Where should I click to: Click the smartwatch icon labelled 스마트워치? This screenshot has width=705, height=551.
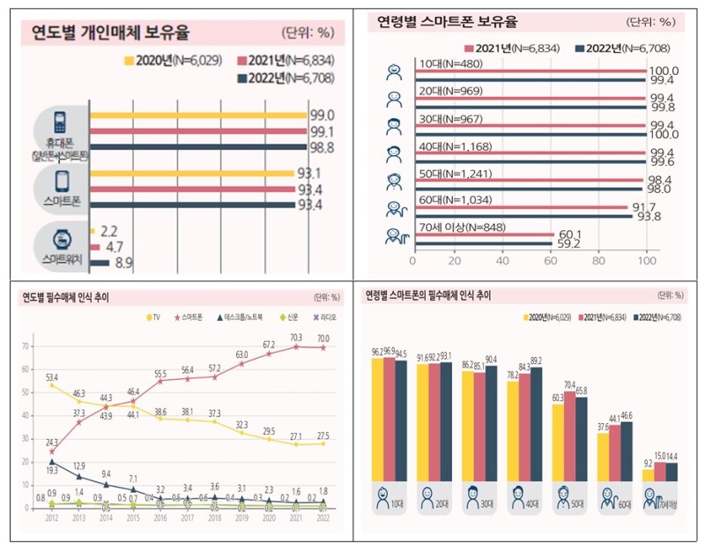(60, 241)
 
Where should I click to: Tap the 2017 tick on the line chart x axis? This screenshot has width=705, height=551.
(188, 518)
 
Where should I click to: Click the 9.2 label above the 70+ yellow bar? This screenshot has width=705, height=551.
(649, 461)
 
